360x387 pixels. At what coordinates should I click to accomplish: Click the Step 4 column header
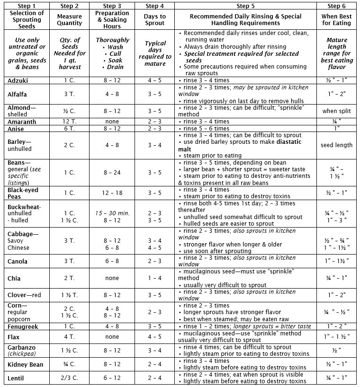coord(154,6)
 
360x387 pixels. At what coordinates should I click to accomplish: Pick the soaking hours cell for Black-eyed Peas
coord(112,193)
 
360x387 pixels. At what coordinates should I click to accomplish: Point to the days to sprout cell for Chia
coord(154,278)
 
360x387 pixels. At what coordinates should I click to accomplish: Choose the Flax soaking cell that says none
coord(112,337)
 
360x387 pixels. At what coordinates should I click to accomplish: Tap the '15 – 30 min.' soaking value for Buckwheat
coord(112,213)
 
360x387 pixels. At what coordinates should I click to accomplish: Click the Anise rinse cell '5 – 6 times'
coord(207,129)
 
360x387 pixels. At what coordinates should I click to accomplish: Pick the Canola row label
coord(18,262)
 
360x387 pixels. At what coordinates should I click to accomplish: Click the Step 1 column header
coord(27,6)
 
